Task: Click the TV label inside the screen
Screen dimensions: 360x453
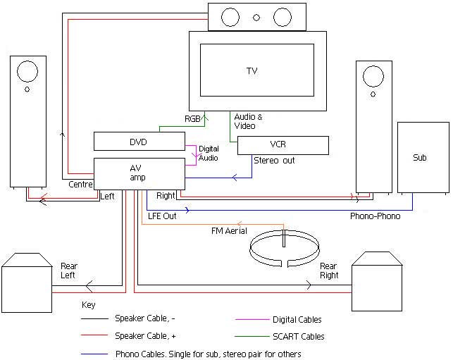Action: (x=252, y=71)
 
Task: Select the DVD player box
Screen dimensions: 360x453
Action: (x=139, y=142)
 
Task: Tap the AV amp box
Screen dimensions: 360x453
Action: (x=139, y=172)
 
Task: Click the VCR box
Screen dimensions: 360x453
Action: (x=283, y=145)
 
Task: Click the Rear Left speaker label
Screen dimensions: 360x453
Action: (x=69, y=271)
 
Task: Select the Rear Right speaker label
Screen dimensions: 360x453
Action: (x=328, y=271)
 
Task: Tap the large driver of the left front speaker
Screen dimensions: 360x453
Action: (x=27, y=70)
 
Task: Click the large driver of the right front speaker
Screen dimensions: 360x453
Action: (x=373, y=76)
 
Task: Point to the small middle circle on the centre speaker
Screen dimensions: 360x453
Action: (x=256, y=17)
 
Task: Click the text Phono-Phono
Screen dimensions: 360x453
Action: (x=376, y=216)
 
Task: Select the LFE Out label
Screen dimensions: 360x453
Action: (x=161, y=216)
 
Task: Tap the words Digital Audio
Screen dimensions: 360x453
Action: (x=209, y=154)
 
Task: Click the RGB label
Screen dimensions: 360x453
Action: (x=192, y=119)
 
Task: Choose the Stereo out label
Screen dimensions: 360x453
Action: (x=274, y=161)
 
